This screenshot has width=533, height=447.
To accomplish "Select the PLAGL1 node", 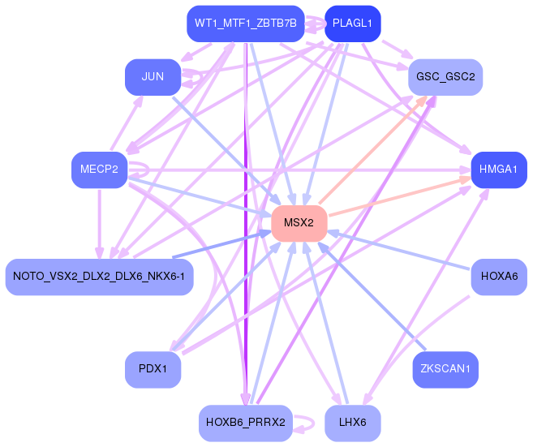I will coord(352,24).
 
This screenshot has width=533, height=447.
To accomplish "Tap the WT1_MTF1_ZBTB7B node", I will coord(246,24).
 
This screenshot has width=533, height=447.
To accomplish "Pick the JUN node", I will coord(153,77).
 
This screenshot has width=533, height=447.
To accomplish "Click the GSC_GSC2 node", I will coord(445,77).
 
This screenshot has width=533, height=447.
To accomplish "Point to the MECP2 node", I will coord(99,170).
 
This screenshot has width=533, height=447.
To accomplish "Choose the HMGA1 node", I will coord(499,170).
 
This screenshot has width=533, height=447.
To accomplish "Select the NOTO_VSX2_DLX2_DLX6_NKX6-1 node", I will coord(99,277).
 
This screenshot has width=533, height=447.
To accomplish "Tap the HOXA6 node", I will coord(499,277).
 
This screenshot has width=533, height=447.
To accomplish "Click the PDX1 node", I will coord(153,369).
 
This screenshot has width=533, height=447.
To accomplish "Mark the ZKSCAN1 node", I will coord(445,369).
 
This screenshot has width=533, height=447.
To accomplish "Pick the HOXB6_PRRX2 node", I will coord(246,423).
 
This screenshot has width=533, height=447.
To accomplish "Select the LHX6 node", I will coord(352,423).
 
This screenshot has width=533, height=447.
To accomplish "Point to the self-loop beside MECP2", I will coord(140,170).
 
